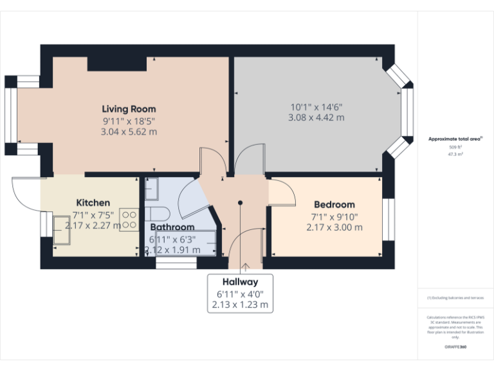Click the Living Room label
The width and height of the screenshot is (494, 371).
coord(129,109)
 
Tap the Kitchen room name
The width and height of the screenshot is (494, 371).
coord(93,202)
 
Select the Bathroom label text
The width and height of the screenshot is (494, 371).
coord(172,227)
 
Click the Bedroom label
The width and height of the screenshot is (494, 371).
coord(334,205)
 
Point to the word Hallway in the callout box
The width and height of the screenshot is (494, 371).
coord(240,282)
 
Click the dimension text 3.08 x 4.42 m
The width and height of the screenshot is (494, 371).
coord(316,118)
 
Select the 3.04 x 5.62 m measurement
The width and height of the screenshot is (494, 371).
coord(129,131)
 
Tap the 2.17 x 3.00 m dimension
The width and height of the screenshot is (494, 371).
coord(334,227)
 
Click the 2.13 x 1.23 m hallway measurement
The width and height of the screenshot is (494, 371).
coord(240,305)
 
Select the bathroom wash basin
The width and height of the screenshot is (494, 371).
coord(152,189)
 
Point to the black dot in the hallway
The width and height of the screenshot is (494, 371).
coord(240,202)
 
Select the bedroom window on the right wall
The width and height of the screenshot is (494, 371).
coord(389,219)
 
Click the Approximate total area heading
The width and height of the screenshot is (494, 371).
coord(455,138)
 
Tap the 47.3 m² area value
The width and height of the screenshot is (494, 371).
coord(455,155)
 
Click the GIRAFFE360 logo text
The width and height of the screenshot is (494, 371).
coord(455,347)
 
